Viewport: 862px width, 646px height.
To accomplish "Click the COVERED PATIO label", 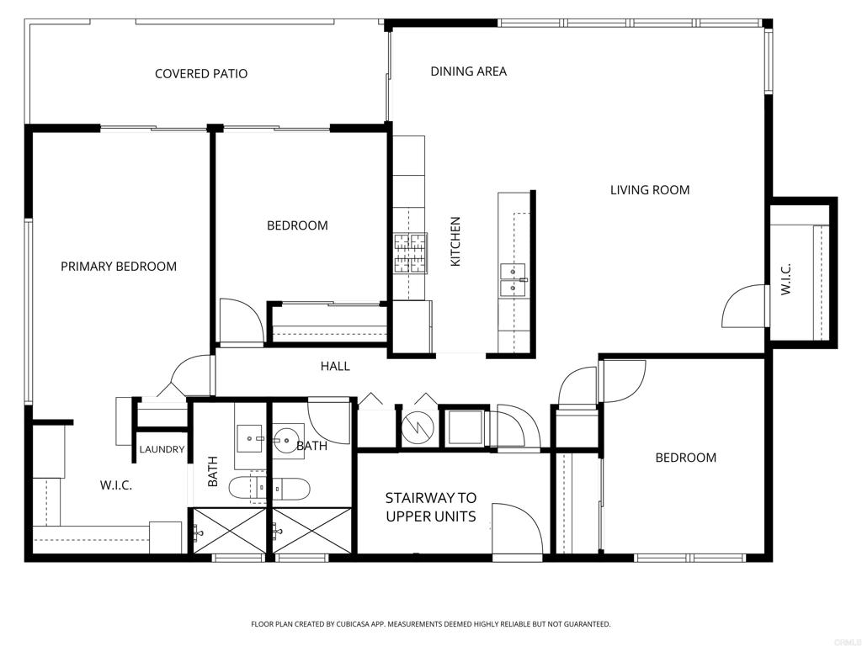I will [201, 74].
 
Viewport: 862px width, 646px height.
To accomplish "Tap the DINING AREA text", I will [469, 71].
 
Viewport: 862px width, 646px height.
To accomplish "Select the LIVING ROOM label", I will [650, 190].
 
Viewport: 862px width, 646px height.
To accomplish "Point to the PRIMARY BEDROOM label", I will [119, 267].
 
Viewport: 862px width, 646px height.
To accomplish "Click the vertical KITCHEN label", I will [455, 242].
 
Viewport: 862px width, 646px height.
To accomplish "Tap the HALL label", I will [335, 366].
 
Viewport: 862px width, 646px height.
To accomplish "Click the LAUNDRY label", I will [162, 450].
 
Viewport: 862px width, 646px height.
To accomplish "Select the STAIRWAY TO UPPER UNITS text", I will [431, 507].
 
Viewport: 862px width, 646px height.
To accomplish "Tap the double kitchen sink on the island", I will [513, 281].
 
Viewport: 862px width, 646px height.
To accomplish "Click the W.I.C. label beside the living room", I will [785, 280].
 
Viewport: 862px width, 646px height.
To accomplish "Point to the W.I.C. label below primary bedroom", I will [116, 485].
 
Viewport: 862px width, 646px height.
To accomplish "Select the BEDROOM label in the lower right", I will [686, 458].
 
